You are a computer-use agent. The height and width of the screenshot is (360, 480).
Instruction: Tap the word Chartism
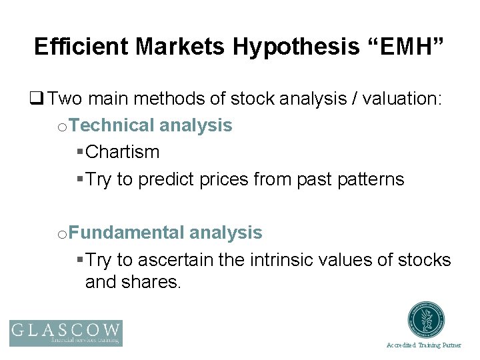[123, 152]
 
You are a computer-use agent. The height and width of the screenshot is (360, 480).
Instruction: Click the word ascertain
[174, 259]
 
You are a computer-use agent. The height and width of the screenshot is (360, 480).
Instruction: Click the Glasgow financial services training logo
[66, 333]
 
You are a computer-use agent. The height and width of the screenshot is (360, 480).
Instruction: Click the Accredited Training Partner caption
[423, 345]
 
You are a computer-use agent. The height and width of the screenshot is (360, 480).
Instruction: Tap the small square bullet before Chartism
[80, 152]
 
